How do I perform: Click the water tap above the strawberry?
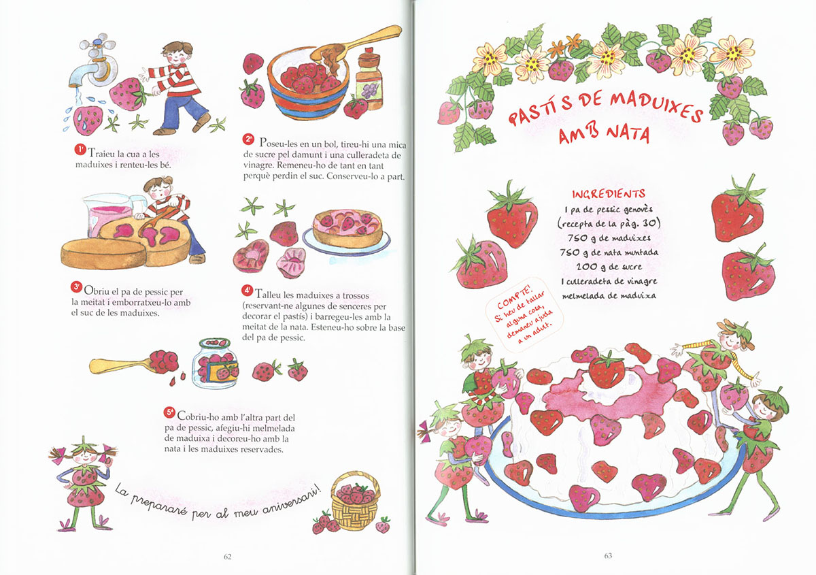tap(94, 62)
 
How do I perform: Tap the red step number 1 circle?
tap(80, 150)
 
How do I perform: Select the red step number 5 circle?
tap(169, 412)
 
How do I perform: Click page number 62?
tap(227, 557)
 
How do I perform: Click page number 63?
tap(608, 556)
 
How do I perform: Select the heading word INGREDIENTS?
tap(609, 194)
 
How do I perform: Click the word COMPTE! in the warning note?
tap(514, 299)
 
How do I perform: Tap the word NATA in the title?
tap(628, 133)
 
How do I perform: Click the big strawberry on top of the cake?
tap(606, 369)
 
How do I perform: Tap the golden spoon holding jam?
tap(134, 362)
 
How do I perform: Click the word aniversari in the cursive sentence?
tap(292, 500)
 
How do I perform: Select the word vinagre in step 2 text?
tap(258, 165)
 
